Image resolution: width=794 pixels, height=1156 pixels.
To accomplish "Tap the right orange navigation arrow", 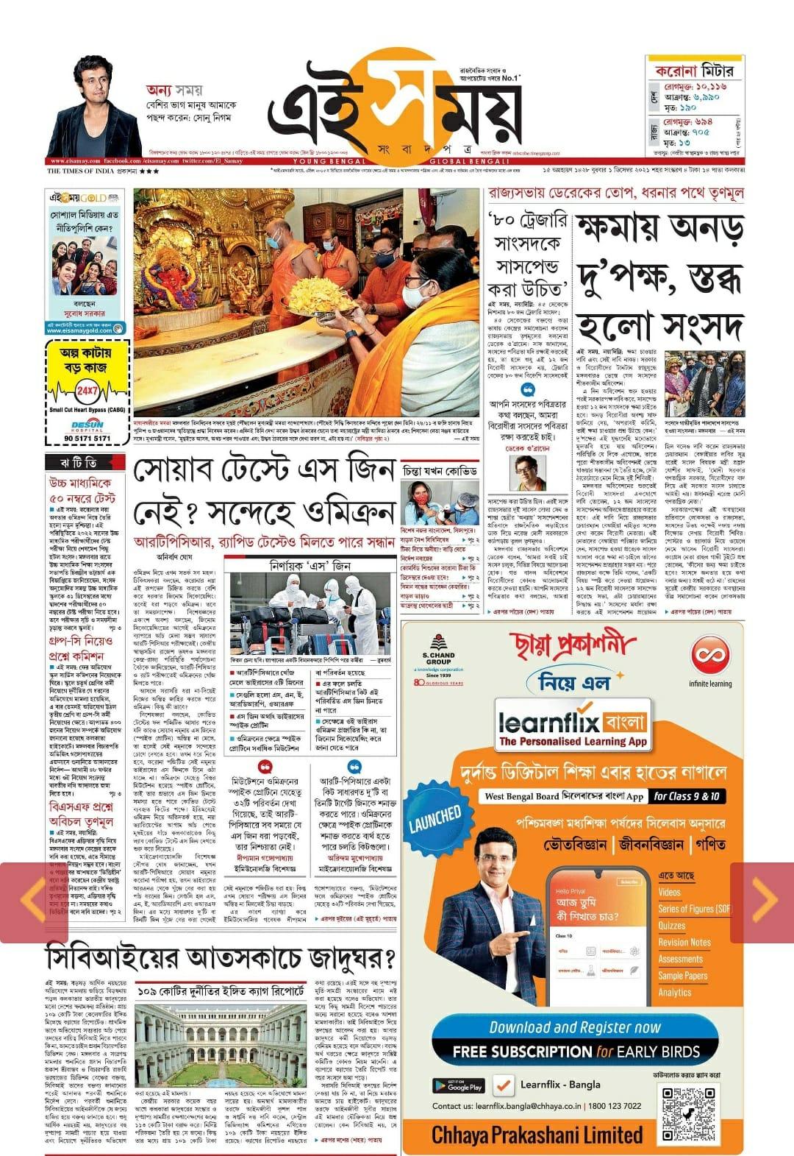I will (x=762, y=899).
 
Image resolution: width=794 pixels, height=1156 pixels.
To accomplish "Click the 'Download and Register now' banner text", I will (x=575, y=1027).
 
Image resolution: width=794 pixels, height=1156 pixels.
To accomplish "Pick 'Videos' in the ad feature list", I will (x=670, y=893).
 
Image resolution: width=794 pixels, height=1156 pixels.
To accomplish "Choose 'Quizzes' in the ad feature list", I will (x=672, y=926).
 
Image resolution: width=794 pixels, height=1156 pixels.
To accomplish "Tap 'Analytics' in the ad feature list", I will (x=675, y=993).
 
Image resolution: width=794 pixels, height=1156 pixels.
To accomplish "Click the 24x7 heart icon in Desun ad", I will (x=87, y=390).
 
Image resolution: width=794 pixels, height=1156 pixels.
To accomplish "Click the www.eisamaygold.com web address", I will (x=79, y=330).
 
